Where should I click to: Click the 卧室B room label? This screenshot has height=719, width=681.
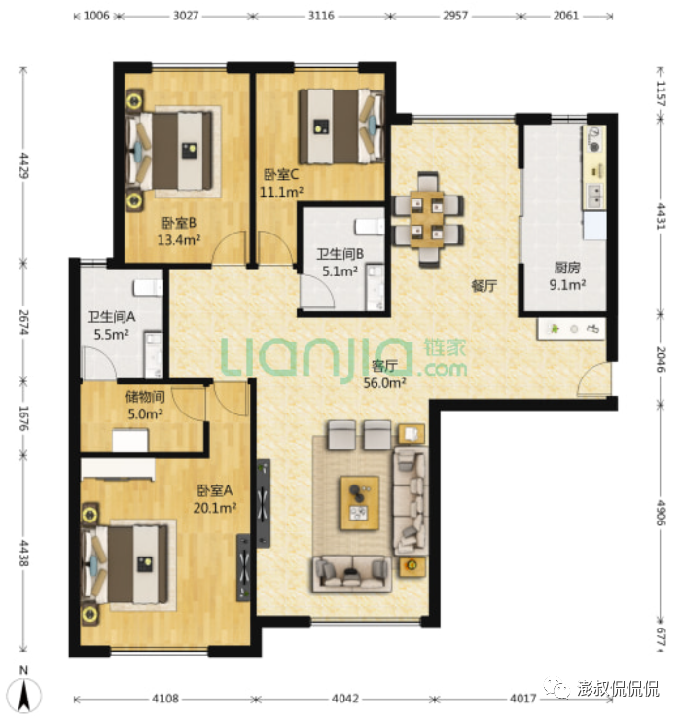pos(179,223)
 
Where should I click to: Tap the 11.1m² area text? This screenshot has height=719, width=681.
pos(281,192)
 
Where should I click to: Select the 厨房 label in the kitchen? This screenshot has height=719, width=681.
pos(567,268)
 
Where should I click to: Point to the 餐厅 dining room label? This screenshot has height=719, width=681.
pos(484,286)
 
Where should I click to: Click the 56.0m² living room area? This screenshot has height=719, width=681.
pos(384,383)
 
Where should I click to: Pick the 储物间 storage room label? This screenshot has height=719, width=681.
pos(145,397)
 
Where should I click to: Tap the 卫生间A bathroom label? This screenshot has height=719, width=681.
pos(112,317)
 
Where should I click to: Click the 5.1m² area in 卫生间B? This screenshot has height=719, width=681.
pos(340,271)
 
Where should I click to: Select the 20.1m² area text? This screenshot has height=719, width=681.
pos(215,508)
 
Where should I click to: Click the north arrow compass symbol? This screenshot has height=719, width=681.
pos(25,693)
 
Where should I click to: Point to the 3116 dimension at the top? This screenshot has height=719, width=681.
pos(320,16)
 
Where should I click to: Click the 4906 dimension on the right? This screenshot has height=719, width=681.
pos(661,513)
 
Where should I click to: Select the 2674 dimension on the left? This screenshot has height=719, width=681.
pos(23,322)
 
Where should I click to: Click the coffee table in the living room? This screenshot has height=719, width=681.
pos(360,503)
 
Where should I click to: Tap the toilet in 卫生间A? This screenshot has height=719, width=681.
pos(148,288)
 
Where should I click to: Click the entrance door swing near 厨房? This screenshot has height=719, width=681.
pos(592,377)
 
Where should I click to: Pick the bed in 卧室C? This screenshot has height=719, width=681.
pos(341,126)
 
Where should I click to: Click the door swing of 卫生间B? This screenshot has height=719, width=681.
pos(316,291)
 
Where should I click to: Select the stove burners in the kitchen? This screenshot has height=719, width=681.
pos(593,139)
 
